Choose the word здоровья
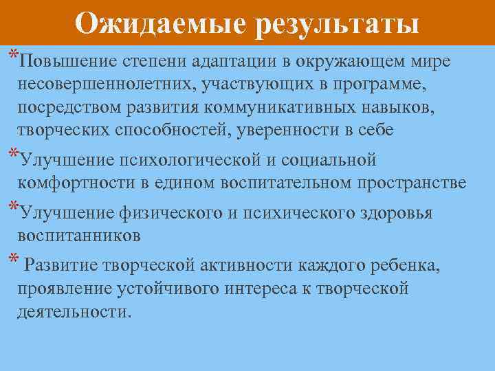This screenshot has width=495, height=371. [x=395, y=212]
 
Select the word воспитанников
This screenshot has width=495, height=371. [x=80, y=236]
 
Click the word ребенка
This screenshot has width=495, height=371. [x=409, y=265]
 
